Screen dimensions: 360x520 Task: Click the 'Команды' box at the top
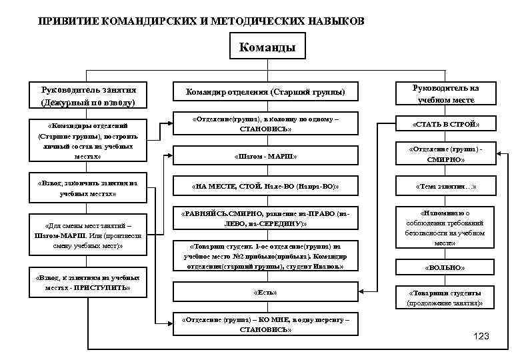point(267,48)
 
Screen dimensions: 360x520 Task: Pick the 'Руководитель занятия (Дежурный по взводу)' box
point(88,95)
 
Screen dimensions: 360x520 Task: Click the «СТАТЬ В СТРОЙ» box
point(445,125)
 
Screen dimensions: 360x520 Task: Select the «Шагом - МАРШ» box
point(265,155)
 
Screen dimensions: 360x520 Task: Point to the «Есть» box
point(265,293)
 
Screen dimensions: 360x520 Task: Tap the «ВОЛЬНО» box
point(445,267)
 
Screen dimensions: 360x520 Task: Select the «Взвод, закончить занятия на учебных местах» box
point(88,187)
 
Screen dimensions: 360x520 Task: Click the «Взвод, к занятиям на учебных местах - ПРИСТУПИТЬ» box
point(88,282)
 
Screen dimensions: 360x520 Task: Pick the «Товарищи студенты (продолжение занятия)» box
point(445,297)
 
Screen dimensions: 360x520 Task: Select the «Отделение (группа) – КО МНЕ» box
point(265,324)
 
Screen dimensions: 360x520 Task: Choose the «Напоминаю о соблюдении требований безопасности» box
point(445,228)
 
